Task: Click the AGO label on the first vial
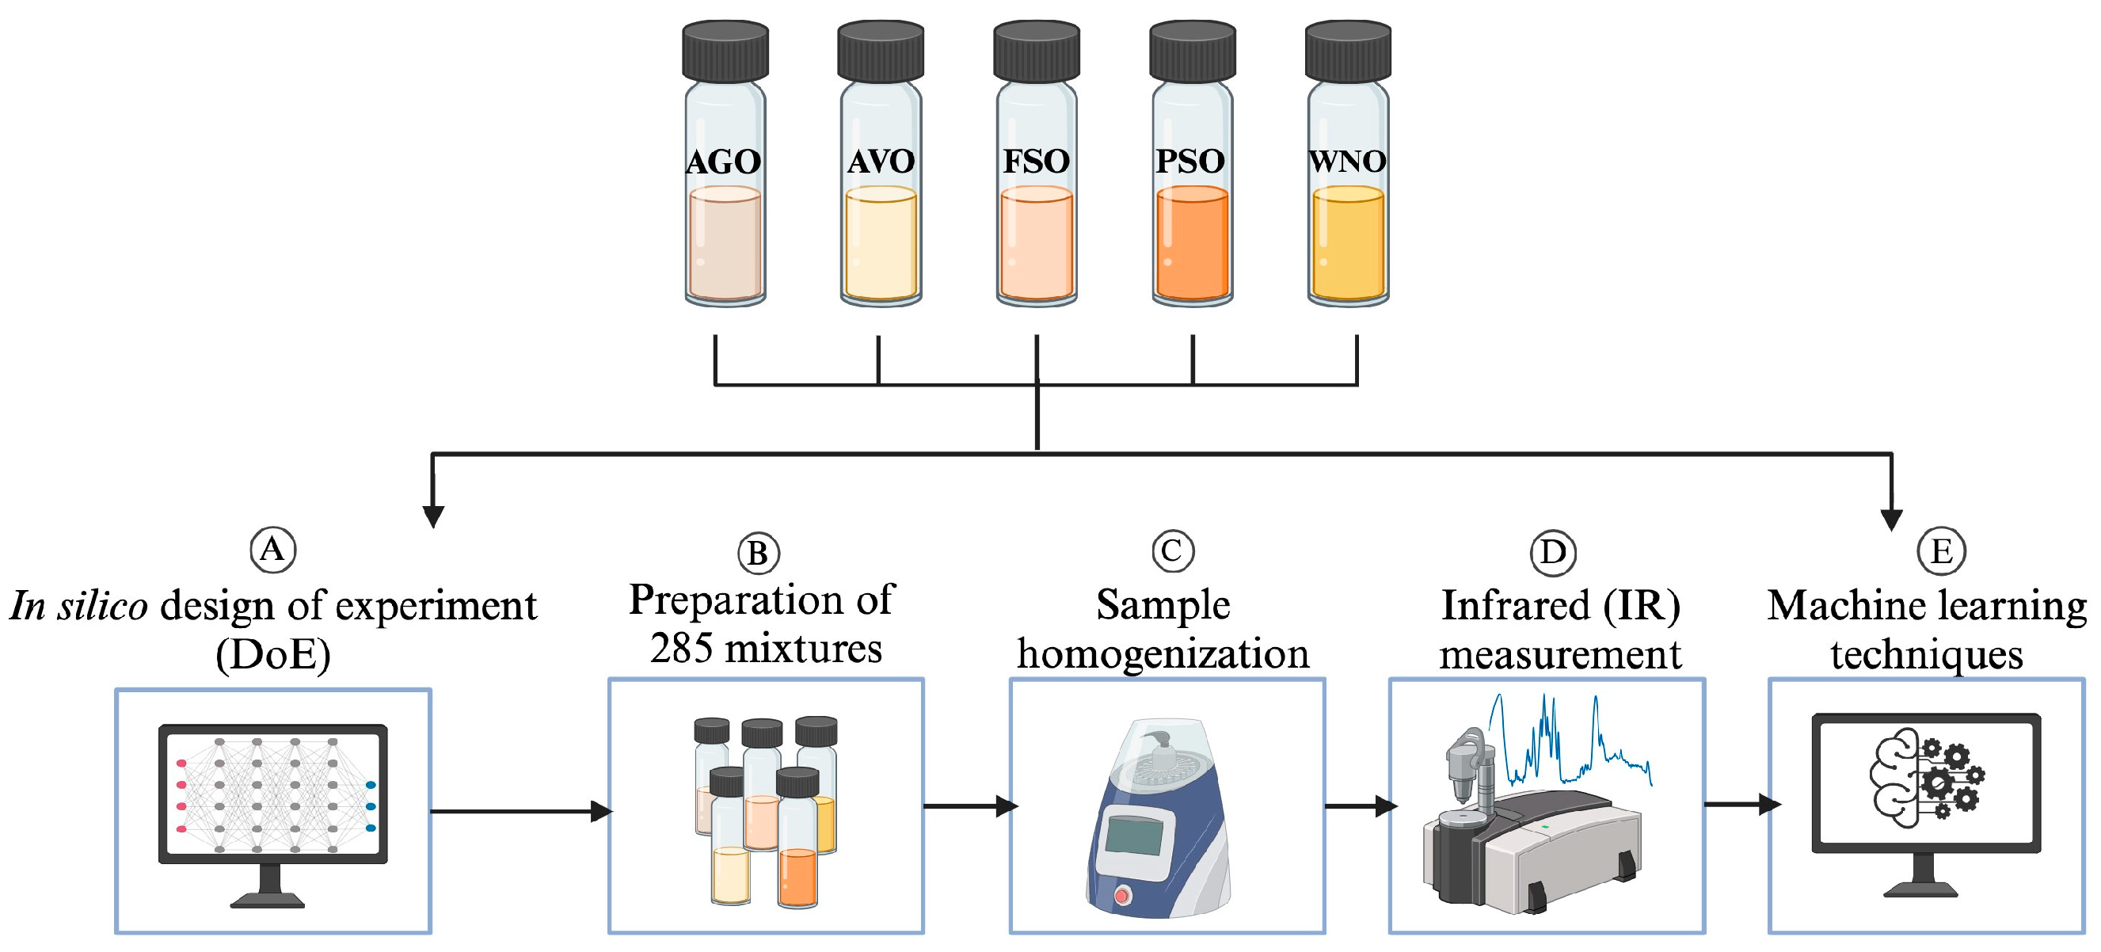[724, 162]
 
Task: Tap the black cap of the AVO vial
[880, 51]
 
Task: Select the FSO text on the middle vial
[1036, 162]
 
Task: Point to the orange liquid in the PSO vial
[1192, 245]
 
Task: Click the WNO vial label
[1346, 162]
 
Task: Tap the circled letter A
[272, 549]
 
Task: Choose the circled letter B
[758, 554]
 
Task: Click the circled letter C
[1172, 550]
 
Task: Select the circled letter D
[1552, 552]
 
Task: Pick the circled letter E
[1940, 551]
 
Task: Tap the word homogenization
[1163, 654]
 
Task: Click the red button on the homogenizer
[1122, 897]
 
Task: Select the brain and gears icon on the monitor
[1926, 779]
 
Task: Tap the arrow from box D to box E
[1741, 805]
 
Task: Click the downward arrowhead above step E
[1890, 519]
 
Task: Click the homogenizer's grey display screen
[1135, 836]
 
